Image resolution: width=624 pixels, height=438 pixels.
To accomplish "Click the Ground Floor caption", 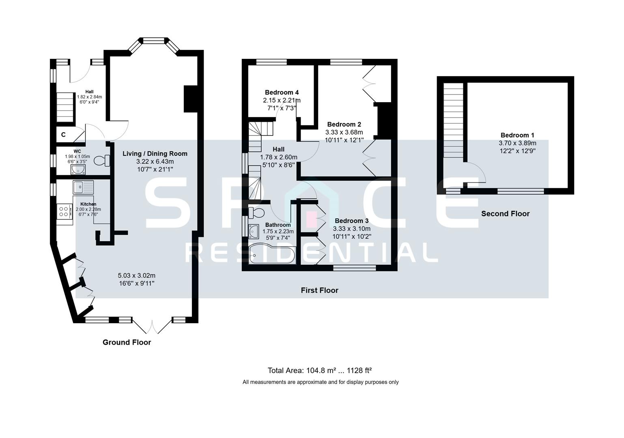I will (x=127, y=342).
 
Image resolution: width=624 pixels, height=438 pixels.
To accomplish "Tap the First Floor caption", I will (x=319, y=290).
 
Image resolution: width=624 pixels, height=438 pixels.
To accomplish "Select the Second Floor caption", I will (x=505, y=214).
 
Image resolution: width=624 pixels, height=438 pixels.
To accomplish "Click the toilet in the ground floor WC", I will (x=102, y=161).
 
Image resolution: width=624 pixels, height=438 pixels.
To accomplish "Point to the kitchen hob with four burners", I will (x=64, y=211).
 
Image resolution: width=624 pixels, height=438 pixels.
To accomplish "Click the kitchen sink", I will (x=83, y=187).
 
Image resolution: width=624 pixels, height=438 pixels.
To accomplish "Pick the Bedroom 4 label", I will (x=282, y=92).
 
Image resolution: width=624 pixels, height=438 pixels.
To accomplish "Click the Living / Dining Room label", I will (x=155, y=154).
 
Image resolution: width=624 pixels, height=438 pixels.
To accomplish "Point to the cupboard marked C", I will (x=64, y=135).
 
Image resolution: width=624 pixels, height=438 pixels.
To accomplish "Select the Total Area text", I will (x=320, y=370).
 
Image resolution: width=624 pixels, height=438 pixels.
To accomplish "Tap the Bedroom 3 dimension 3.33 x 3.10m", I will (x=352, y=229).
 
